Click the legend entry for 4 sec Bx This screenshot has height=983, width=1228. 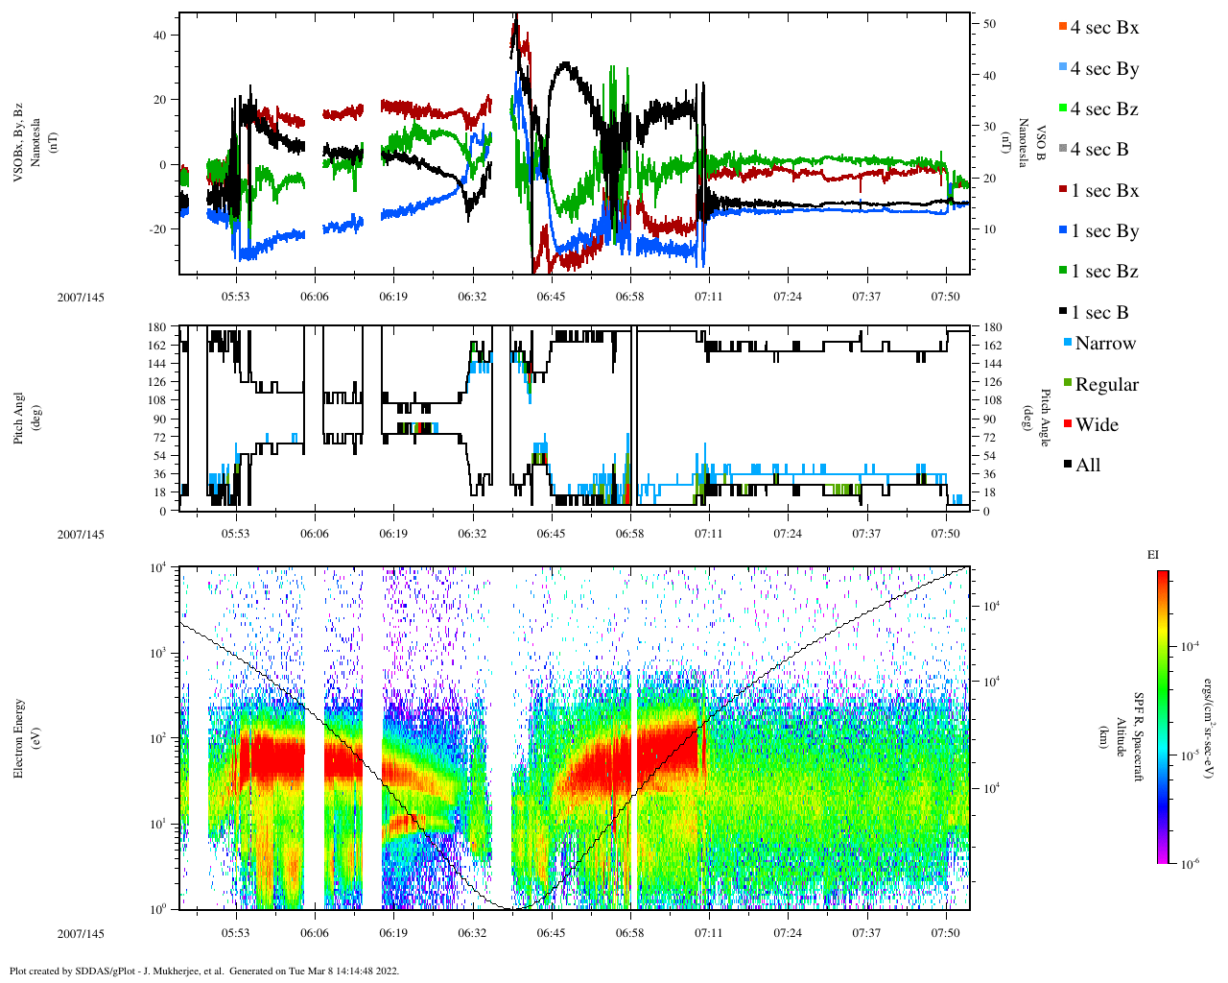(1103, 28)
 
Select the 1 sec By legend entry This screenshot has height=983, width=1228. (1103, 231)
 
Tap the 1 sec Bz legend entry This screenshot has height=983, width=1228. (1103, 272)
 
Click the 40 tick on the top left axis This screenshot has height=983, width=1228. (159, 35)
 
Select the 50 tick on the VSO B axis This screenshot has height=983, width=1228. (989, 24)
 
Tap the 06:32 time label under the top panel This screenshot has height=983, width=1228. (472, 297)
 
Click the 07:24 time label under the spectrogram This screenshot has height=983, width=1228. (788, 933)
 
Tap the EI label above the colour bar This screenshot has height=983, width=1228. (1152, 554)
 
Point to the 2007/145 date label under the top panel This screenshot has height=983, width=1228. (81, 297)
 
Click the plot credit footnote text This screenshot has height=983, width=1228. (204, 971)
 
